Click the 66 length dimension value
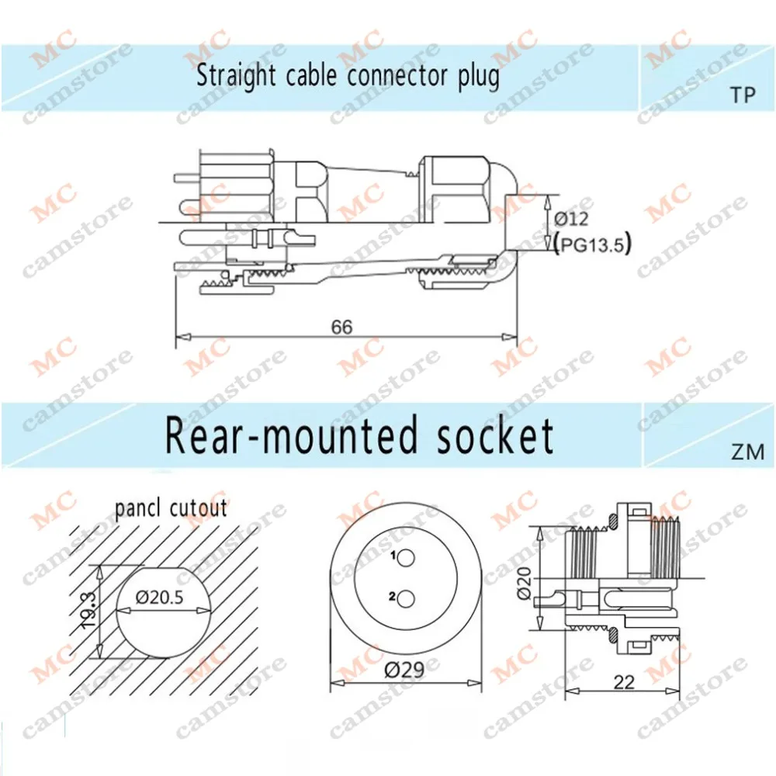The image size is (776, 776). (342, 327)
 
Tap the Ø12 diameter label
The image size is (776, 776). (571, 219)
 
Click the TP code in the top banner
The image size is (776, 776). (743, 95)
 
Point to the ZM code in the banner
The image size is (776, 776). (748, 452)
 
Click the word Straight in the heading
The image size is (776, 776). (236, 77)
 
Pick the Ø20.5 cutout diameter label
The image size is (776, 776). (159, 598)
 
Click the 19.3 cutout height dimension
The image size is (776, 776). (88, 610)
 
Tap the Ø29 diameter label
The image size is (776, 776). (404, 670)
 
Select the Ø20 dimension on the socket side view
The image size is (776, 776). (524, 584)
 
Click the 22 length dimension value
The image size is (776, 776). (624, 683)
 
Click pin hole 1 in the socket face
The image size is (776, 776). (406, 558)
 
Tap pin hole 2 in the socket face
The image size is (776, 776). (406, 599)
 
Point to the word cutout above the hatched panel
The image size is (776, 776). (198, 509)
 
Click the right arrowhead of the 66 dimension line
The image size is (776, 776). (510, 337)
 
